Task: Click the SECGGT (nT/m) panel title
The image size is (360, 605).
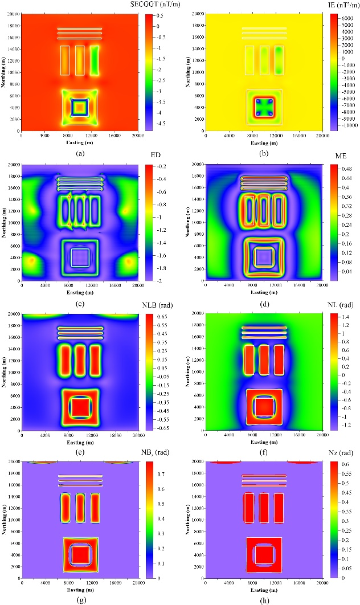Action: [150, 5]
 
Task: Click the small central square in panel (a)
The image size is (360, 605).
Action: [80, 107]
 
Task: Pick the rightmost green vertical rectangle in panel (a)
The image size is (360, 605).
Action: [94, 60]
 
